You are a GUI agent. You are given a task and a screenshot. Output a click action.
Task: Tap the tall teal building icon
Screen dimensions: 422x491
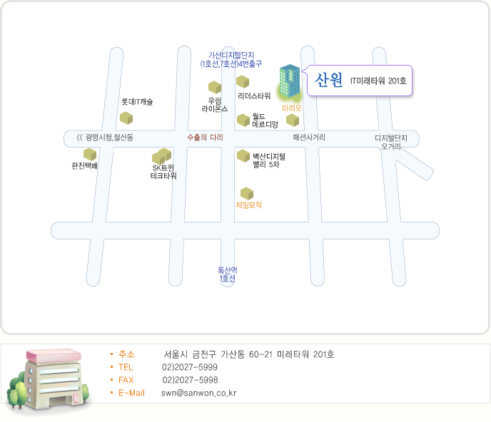289,82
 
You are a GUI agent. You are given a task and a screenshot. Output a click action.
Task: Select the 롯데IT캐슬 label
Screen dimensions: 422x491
137,102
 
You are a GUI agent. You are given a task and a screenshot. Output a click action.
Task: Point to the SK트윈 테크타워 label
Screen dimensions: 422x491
163,171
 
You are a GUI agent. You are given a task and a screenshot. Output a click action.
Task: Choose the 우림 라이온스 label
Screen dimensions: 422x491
215,105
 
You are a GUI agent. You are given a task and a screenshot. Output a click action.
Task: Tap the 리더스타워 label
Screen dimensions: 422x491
254,96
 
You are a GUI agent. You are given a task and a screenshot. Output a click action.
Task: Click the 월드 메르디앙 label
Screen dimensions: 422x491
265,120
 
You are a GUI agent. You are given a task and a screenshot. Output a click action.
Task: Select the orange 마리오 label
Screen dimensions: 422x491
292,108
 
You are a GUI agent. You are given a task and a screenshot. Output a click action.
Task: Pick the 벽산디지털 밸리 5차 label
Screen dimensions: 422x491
268,160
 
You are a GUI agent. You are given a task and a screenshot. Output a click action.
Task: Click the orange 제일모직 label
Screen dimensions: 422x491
248,205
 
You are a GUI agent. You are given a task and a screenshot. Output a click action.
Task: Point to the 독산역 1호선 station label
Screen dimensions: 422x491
228,274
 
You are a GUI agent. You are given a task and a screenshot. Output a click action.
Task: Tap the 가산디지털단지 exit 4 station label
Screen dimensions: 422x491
231,59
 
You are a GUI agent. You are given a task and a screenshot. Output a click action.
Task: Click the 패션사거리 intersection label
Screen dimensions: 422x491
309,137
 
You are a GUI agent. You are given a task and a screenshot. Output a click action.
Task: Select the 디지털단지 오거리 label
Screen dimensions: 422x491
391,142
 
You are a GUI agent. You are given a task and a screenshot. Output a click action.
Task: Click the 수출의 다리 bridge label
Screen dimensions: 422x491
205,137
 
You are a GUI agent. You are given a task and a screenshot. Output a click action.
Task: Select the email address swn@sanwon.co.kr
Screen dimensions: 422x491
198,393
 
